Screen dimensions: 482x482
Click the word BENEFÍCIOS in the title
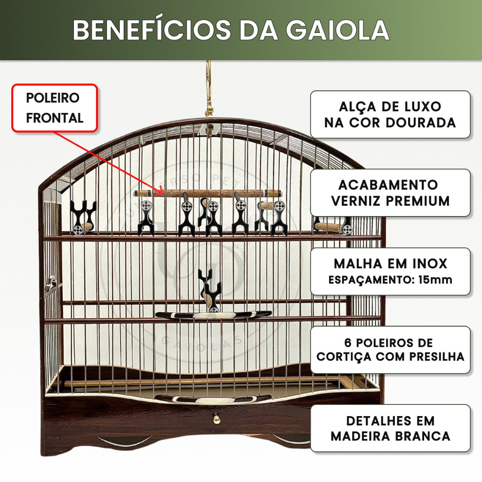(152, 30)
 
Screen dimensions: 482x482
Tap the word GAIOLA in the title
(338, 30)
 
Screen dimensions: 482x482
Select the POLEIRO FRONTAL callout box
(55, 108)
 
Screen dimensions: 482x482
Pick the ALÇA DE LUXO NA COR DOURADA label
(390, 114)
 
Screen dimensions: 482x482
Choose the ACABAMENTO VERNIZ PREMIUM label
(390, 193)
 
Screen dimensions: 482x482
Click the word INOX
(429, 264)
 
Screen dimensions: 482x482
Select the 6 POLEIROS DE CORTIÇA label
(390, 350)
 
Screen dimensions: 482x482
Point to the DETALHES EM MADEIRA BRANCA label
(390, 428)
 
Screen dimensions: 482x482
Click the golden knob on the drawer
(217, 418)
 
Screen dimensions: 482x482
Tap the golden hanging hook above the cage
(209, 89)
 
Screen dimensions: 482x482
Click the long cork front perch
(208, 193)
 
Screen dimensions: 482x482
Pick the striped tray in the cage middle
(213, 315)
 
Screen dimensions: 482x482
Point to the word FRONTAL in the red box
(55, 118)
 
